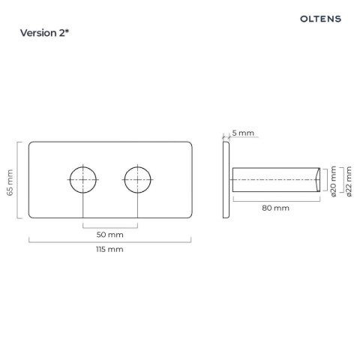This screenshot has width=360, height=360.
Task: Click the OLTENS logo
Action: click(320, 19)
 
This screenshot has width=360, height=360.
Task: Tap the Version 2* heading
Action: click(44, 33)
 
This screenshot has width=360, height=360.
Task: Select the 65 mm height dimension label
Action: click(10, 182)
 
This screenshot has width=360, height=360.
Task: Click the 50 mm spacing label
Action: click(110, 235)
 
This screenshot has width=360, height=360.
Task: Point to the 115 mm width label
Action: click(109, 250)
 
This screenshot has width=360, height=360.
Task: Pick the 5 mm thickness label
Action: click(243, 133)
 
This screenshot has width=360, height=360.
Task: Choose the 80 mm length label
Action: click(275, 208)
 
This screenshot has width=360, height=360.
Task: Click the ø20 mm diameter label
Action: click(334, 181)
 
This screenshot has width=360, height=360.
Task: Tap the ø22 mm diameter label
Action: click(349, 181)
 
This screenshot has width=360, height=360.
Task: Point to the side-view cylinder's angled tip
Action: click(317, 180)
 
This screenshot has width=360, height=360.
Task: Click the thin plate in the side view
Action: click(226, 180)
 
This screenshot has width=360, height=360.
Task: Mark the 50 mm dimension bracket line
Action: click(110, 228)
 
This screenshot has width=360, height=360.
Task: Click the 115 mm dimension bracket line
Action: click(110, 242)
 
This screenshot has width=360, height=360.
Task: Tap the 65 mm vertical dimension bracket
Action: click(17, 180)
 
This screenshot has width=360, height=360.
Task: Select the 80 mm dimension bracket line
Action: click(277, 201)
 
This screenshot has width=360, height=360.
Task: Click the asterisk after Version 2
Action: click(67, 31)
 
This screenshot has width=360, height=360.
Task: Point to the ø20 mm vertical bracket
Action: click(327, 180)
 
